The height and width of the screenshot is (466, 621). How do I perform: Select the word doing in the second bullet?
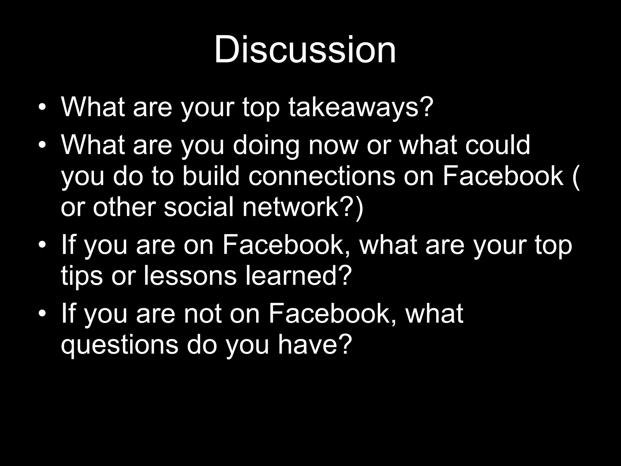[266, 146]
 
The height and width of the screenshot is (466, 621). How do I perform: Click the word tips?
[82, 276]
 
